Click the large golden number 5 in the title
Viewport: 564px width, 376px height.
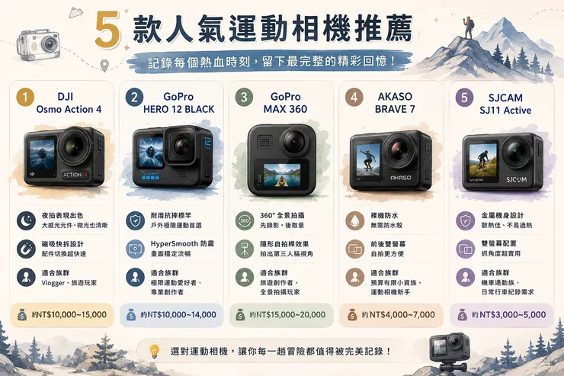coord(108,29)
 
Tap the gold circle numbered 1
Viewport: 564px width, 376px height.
coord(25,97)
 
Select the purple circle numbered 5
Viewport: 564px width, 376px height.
coord(464,98)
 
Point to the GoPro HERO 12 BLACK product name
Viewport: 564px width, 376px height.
coord(178,103)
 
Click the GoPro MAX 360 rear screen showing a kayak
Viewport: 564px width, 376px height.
coord(282,175)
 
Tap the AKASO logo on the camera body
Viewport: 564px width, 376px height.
coord(401,178)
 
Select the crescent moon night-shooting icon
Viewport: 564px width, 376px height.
coord(26,220)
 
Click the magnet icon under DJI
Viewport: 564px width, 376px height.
coord(26,249)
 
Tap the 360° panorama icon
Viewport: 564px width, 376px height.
coord(245,220)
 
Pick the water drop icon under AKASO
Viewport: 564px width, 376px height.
coord(354,220)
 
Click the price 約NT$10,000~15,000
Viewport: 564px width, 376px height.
coord(69,315)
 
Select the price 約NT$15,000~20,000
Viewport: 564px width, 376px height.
coord(287,315)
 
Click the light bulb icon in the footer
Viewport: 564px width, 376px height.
coord(154,351)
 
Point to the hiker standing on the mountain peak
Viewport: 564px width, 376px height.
coord(469,27)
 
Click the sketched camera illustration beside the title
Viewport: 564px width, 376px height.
coord(38,45)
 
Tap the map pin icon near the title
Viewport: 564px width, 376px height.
coord(104,65)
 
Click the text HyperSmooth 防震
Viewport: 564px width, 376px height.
coord(182,243)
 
